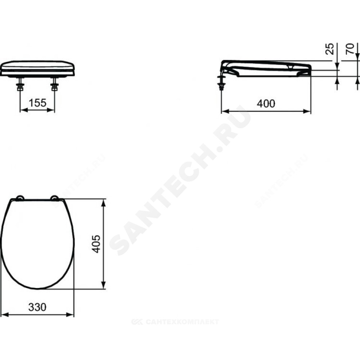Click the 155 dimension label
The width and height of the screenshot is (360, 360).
click(x=37, y=103)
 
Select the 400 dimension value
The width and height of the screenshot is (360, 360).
click(x=266, y=104)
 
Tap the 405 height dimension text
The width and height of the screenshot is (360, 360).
click(x=96, y=244)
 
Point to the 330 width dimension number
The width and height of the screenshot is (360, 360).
click(x=37, y=307)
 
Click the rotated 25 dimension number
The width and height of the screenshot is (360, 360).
click(x=330, y=49)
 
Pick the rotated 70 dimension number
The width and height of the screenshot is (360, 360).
click(x=350, y=49)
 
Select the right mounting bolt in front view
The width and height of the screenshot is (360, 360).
click(x=54, y=84)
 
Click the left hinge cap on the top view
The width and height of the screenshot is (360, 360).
click(x=20, y=198)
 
